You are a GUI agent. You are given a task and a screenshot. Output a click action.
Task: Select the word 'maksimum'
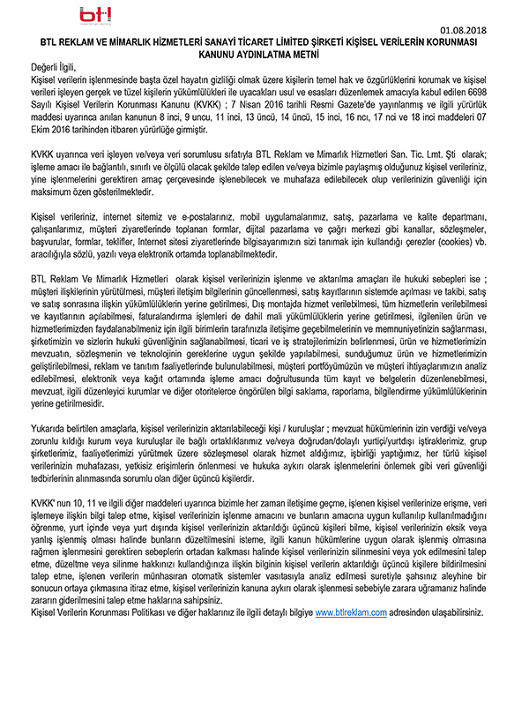point(52,190)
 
